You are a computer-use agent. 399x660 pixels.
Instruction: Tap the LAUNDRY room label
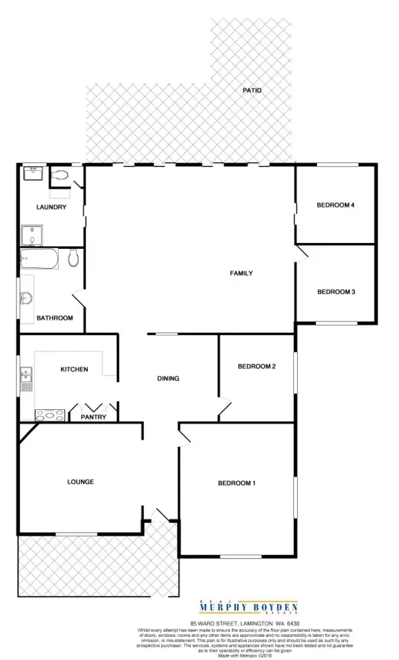point(52,207)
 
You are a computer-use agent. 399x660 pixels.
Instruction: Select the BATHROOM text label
point(54,318)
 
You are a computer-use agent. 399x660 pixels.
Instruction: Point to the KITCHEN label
point(74,370)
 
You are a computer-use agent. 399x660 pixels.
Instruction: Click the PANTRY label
point(94,417)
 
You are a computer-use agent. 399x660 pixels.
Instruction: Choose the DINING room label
point(168,379)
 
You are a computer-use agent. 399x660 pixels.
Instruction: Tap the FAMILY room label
point(241,273)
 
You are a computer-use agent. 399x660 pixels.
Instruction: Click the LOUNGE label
point(81,482)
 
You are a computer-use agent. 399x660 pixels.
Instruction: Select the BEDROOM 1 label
point(236,484)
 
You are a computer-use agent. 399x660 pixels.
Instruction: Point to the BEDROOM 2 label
point(256,367)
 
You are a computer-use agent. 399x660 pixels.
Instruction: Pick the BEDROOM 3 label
point(336,292)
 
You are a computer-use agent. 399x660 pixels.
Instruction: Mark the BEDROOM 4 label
point(336,205)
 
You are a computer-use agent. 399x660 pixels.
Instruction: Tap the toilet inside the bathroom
point(73,258)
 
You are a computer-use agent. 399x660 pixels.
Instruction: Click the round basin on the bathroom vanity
point(27,298)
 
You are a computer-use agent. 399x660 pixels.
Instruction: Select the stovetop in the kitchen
point(50,415)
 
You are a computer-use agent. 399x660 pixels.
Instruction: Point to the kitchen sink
point(27,378)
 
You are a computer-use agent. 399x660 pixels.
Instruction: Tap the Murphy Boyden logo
point(249,608)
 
